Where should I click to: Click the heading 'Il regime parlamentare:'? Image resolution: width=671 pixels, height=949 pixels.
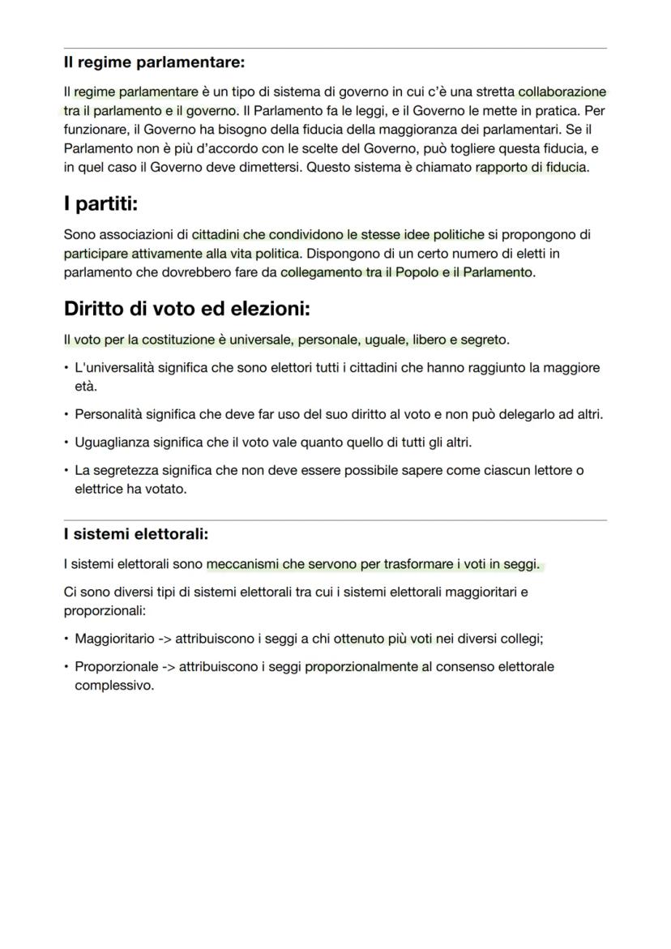[154, 62]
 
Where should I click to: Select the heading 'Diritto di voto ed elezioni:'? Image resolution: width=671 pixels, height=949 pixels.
[186, 309]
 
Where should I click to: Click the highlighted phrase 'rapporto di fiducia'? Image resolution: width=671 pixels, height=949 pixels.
[531, 168]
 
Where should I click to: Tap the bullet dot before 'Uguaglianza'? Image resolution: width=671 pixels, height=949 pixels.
[66, 442]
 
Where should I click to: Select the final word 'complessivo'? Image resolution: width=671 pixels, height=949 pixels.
[113, 685]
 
